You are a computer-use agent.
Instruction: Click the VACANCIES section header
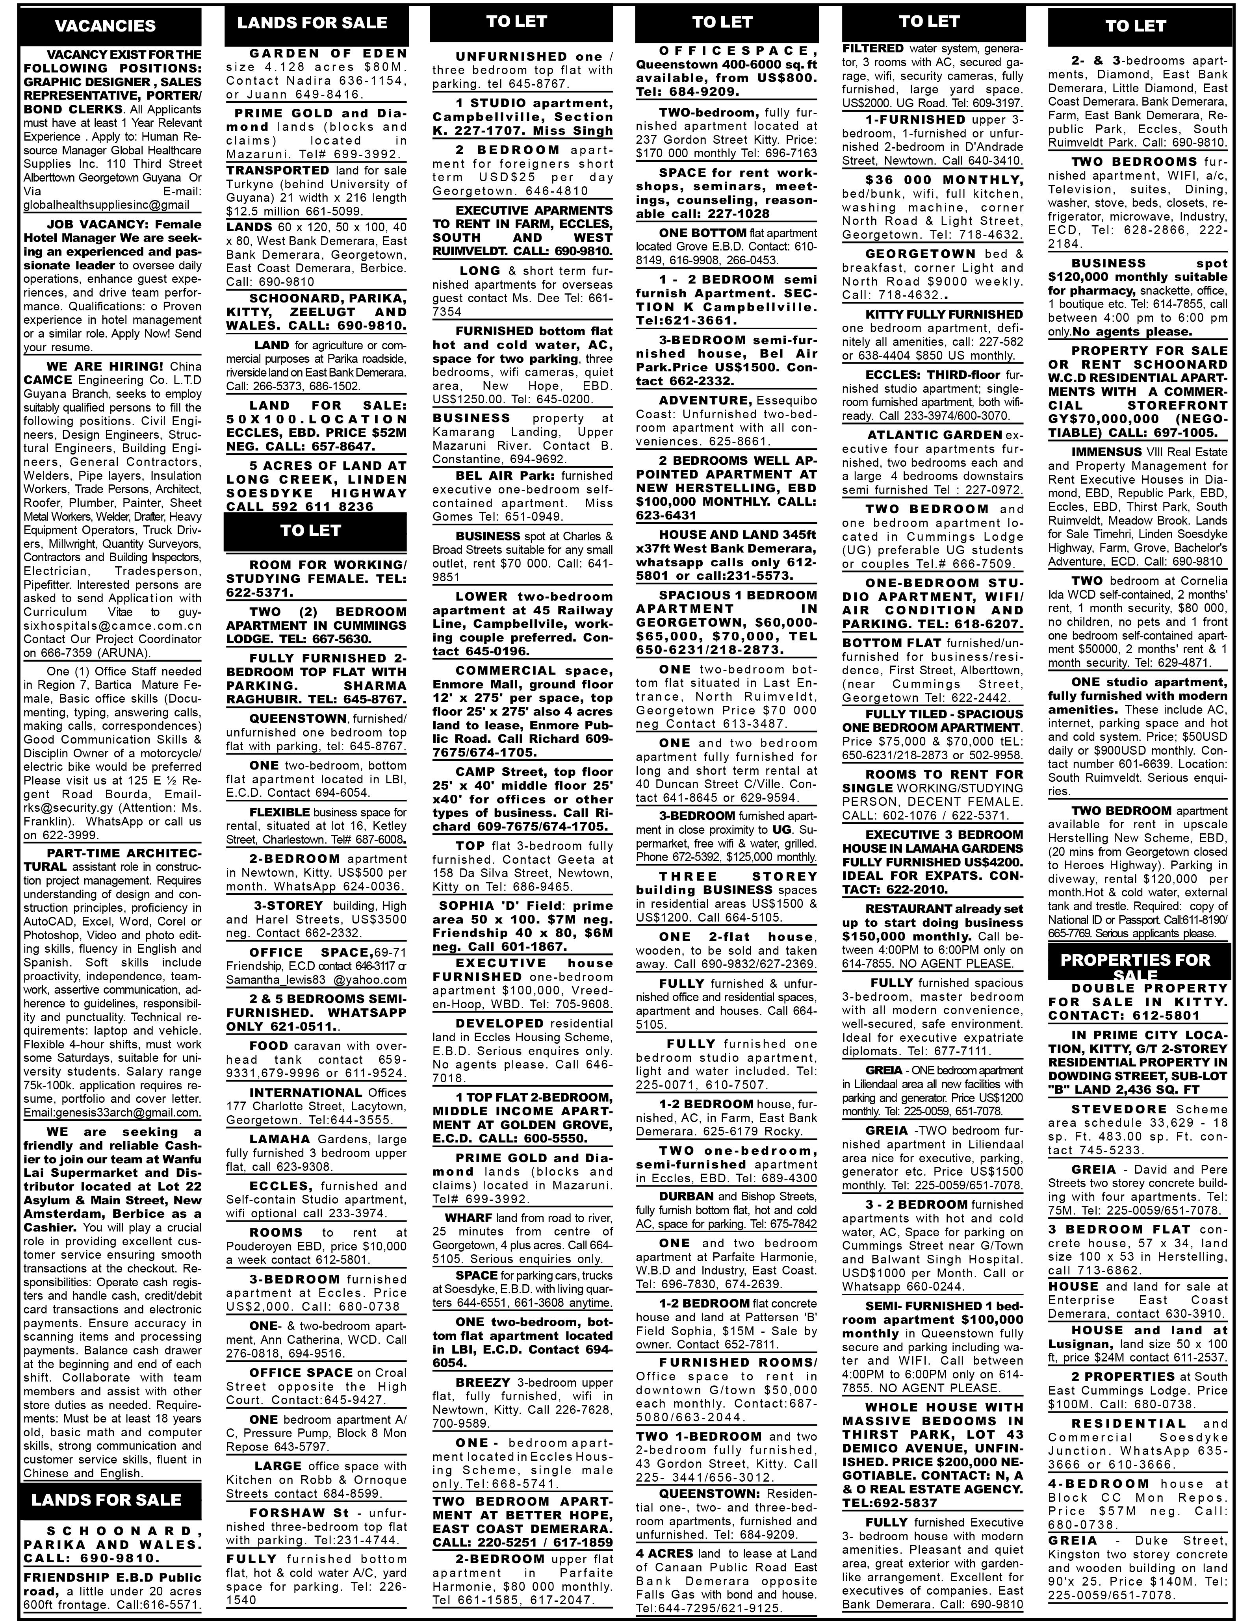tap(106, 26)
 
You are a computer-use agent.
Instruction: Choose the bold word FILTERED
tap(872, 48)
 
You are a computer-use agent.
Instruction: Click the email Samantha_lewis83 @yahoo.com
tap(316, 980)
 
